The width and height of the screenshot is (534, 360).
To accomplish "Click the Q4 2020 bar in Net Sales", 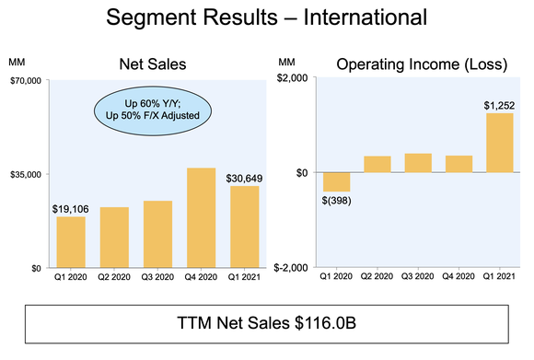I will (x=202, y=217).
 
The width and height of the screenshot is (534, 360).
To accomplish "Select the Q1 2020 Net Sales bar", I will (x=71, y=242).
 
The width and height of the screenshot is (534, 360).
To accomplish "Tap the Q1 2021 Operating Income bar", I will (x=500, y=143).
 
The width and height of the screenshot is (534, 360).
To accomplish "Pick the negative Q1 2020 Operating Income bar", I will (x=336, y=181).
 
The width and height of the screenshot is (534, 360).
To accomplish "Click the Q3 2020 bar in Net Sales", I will (x=157, y=234).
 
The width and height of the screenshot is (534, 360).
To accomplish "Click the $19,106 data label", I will (x=71, y=208).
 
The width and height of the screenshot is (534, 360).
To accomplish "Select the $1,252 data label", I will (x=500, y=105).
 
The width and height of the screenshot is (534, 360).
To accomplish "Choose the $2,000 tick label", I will (x=293, y=80).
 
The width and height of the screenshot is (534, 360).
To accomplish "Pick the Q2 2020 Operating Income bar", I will (x=377, y=164).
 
